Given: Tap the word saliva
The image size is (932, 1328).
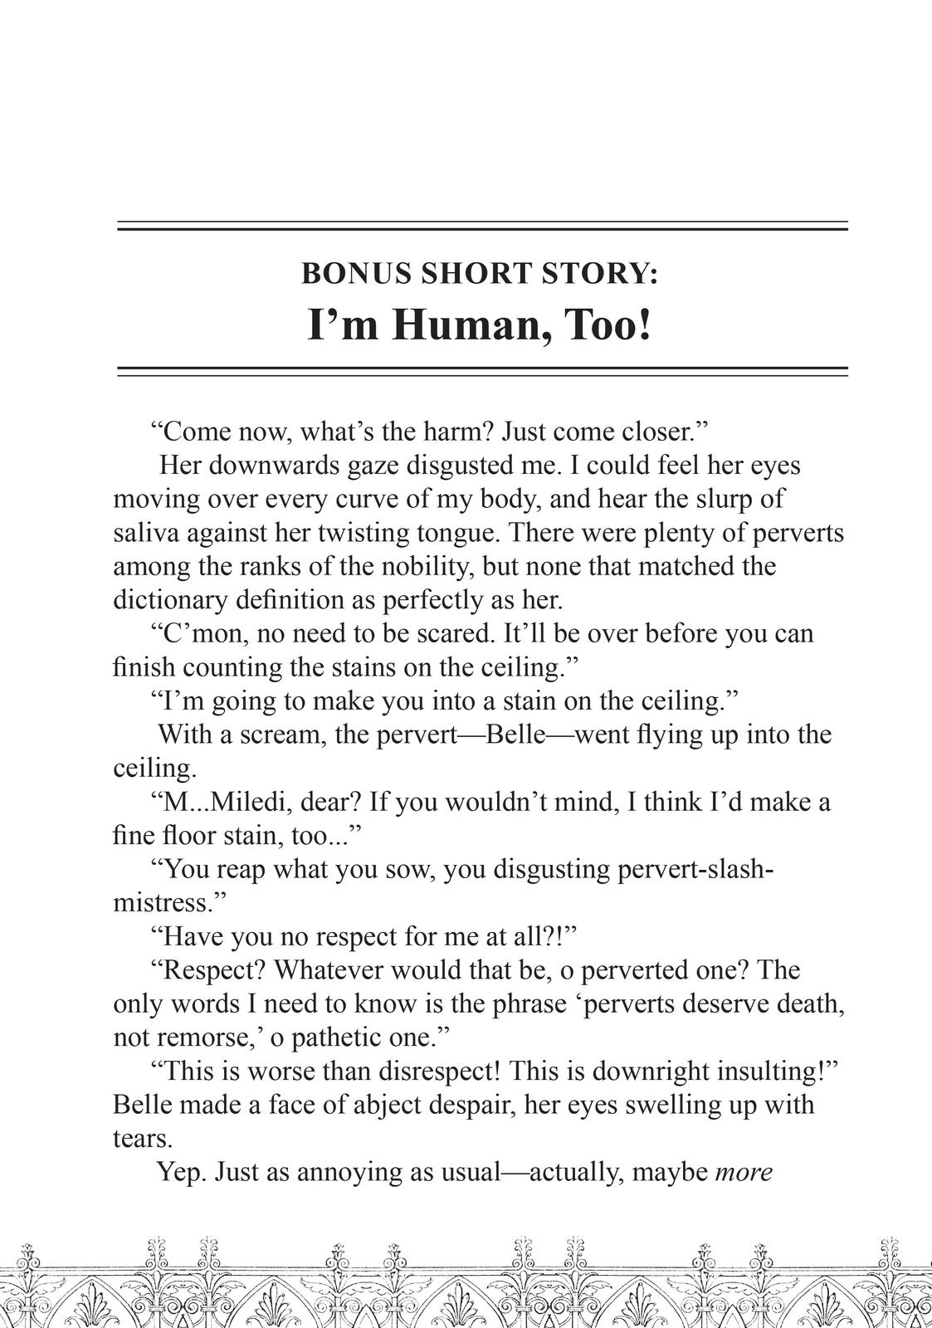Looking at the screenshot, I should click(145, 533).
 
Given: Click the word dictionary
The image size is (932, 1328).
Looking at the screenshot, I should click(170, 600).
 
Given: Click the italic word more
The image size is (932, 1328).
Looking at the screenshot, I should click(744, 1173).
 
